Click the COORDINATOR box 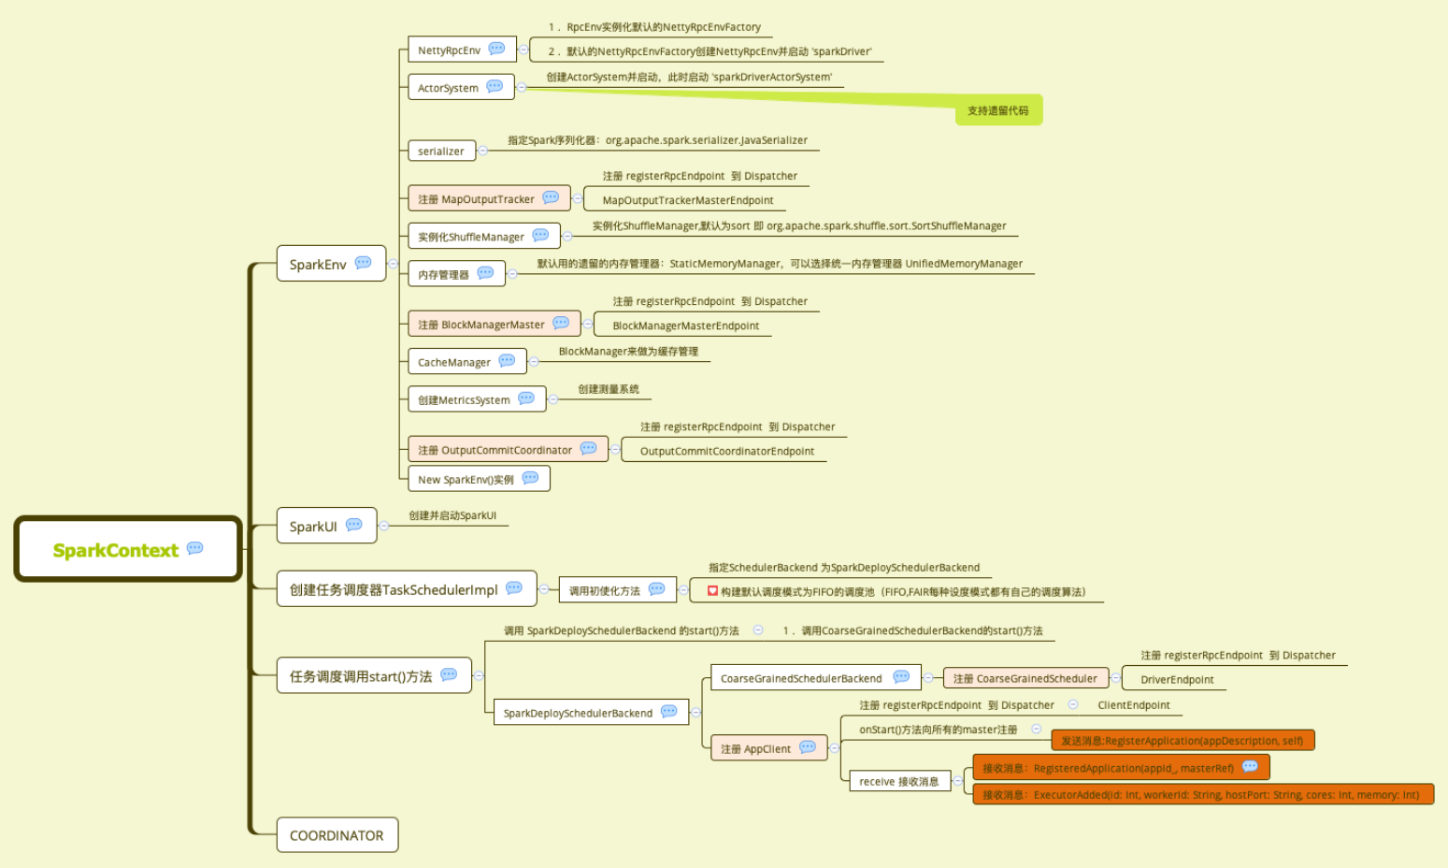337,835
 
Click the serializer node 441,151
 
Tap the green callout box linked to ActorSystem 997,110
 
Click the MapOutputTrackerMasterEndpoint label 688,200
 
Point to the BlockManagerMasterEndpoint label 686,325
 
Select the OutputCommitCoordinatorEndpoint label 727,451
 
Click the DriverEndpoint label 1177,680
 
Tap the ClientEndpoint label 1134,705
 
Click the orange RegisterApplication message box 1183,741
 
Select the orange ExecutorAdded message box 1201,795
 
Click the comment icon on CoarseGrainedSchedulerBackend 901,677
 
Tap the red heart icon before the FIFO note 712,591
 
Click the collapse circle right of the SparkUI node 383,526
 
